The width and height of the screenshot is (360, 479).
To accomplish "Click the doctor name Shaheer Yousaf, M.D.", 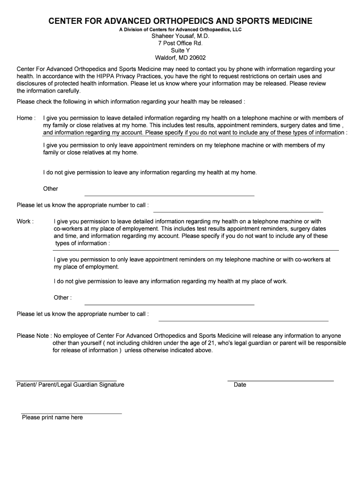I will coord(180,36).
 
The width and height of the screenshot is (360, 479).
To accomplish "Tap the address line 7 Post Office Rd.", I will coord(180,43).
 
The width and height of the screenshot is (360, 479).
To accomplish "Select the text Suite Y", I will coord(180,51).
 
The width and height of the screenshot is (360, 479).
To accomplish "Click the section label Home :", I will coord(26,118).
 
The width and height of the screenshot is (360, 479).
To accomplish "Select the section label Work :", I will coord(25,222).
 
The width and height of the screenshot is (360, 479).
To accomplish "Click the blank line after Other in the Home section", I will coord(169,195).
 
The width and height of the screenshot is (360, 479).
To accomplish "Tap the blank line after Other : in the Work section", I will coord(169,305).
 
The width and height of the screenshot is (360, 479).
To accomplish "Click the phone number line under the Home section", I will coord(238,211).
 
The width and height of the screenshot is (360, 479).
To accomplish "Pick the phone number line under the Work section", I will coord(243,321).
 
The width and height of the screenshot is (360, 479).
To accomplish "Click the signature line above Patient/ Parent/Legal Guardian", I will coord(66,381).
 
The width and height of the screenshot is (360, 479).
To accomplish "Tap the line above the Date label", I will coord(280,381).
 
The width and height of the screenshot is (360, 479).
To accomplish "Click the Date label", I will coord(240,385).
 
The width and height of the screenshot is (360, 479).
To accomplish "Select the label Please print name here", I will coord(52,418).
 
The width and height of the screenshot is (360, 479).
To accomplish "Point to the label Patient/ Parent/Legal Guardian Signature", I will coord(71,385).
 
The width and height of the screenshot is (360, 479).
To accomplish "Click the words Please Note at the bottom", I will coord(33,336).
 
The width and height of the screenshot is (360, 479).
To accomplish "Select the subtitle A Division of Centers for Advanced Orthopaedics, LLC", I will coord(180,29).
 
